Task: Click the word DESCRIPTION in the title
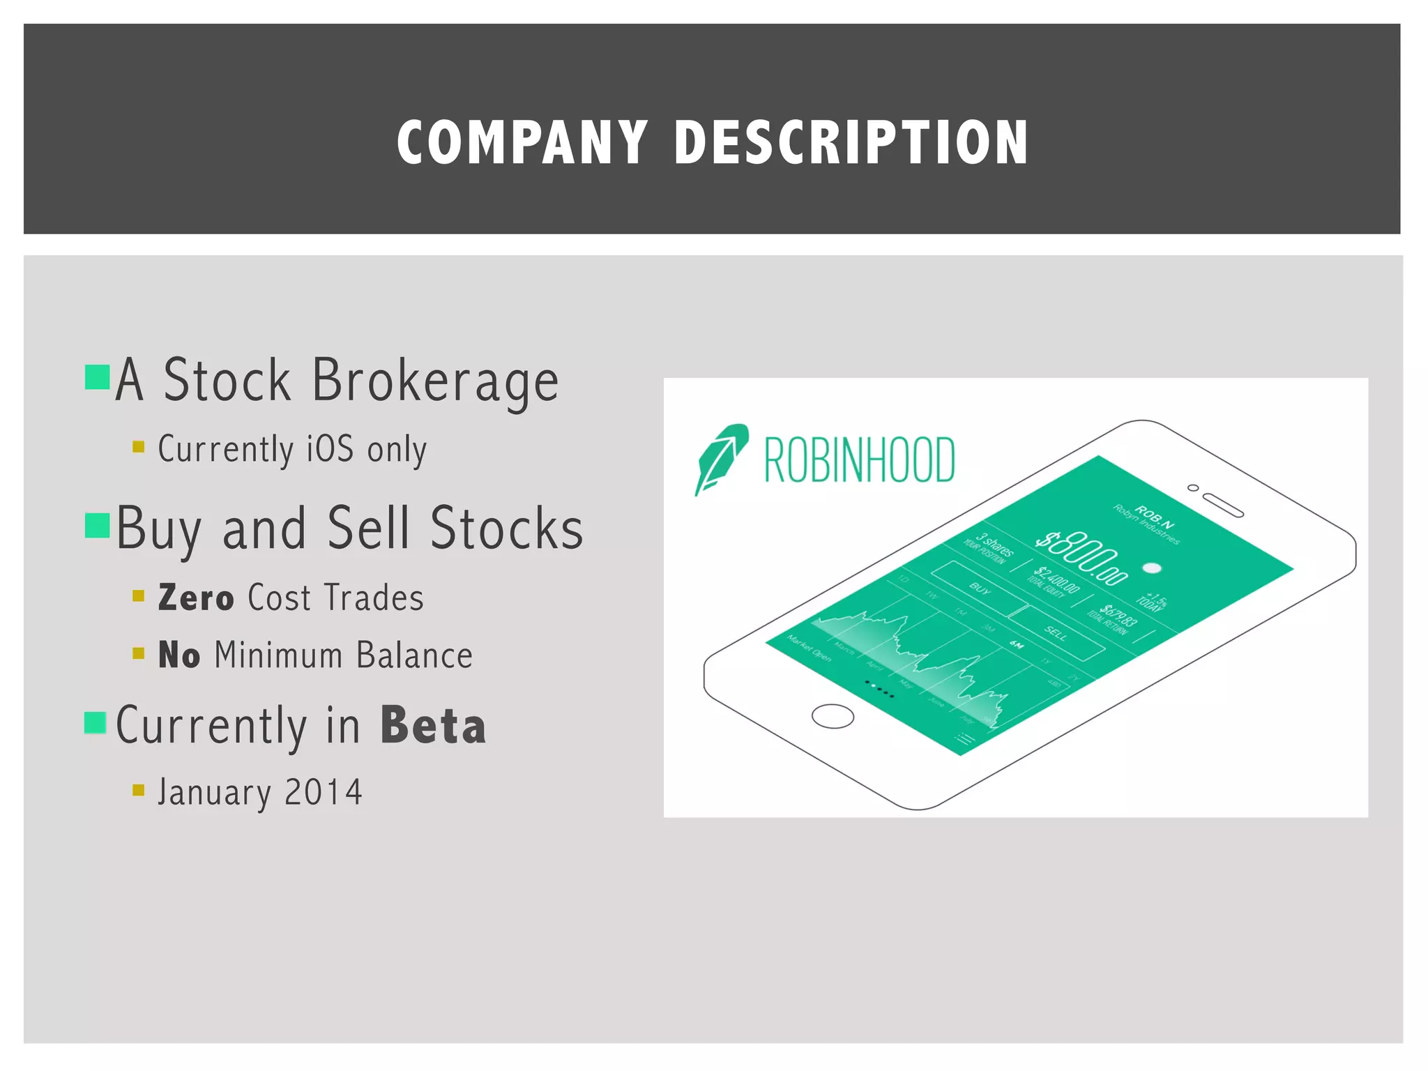click(x=851, y=142)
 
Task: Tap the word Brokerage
click(x=435, y=381)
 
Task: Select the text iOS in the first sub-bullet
click(x=330, y=448)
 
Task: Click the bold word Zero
click(x=196, y=598)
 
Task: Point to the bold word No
click(x=179, y=655)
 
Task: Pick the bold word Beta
click(x=433, y=726)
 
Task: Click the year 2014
click(x=324, y=792)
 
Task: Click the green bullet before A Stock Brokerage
click(x=97, y=377)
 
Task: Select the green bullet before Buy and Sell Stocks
click(x=97, y=526)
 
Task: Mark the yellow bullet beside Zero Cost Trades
click(x=138, y=595)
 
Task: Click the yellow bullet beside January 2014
click(x=138, y=790)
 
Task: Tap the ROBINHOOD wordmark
click(x=859, y=460)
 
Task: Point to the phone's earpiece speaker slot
click(x=1223, y=506)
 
